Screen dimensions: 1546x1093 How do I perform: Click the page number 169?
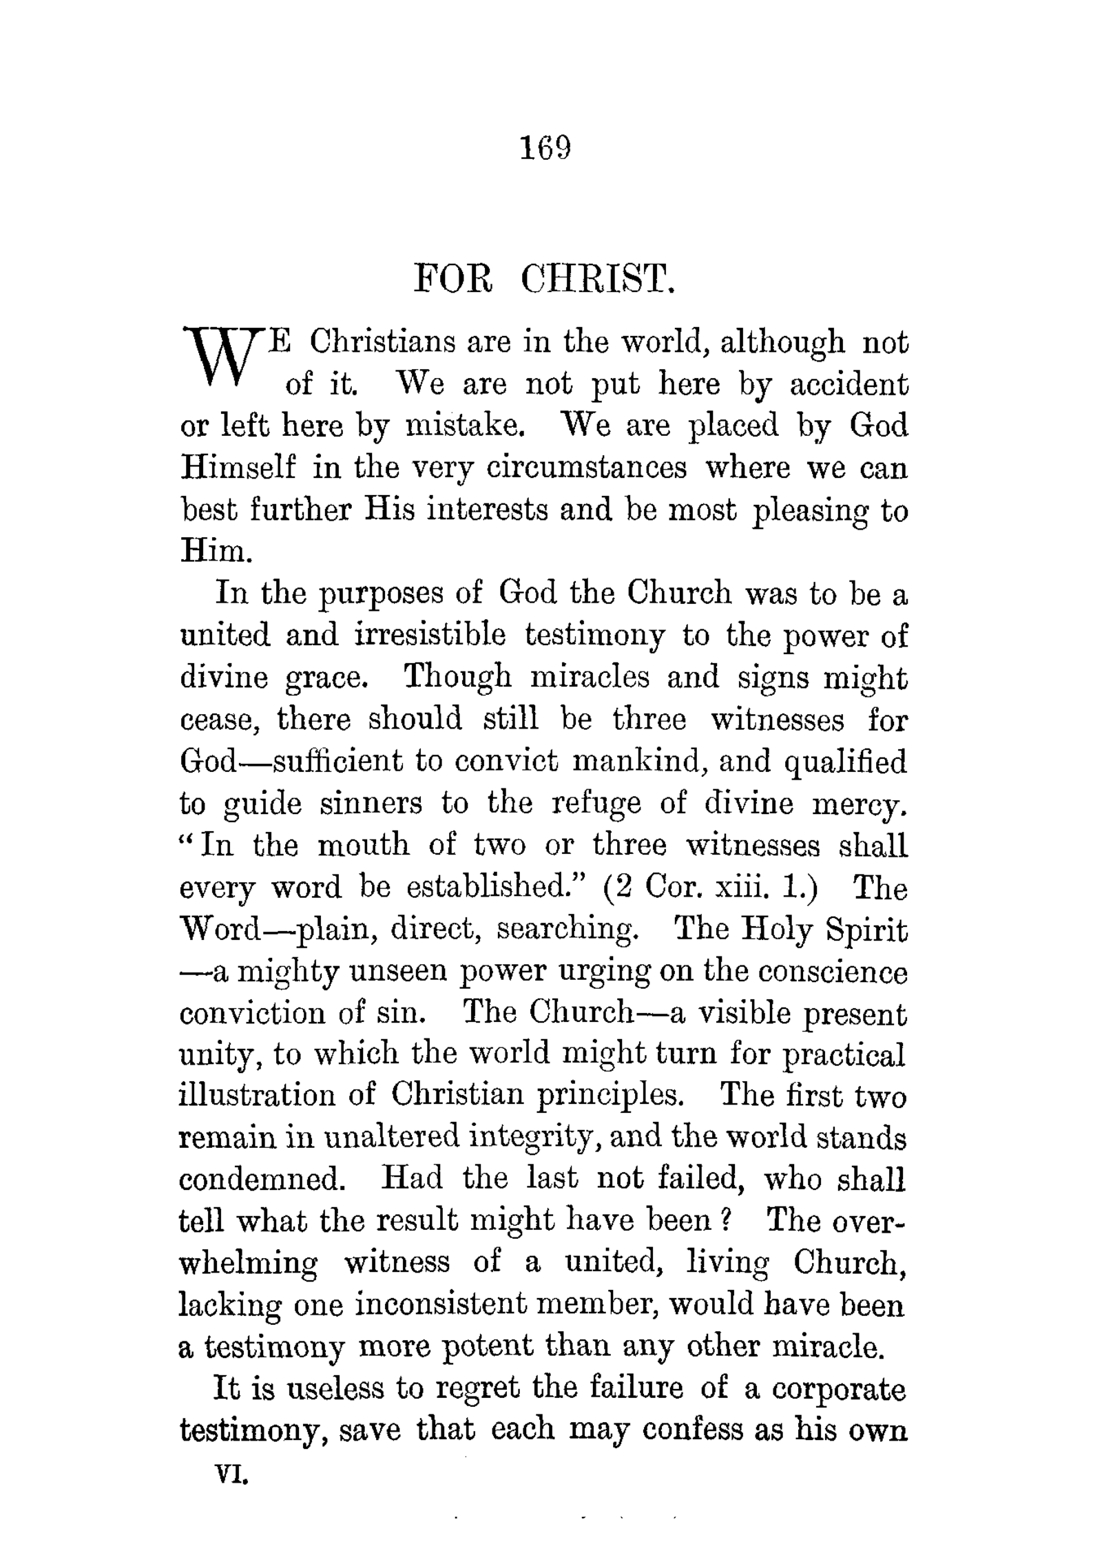(x=546, y=147)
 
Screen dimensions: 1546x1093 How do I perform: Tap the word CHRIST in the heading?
(x=597, y=278)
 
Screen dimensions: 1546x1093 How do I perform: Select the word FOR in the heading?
(x=452, y=278)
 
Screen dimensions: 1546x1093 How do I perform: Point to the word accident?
(x=849, y=384)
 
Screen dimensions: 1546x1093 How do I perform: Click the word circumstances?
(x=586, y=468)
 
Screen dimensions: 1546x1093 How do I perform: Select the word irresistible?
(x=430, y=635)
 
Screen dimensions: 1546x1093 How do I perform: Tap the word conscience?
(x=819, y=972)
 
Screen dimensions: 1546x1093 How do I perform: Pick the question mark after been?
(x=724, y=1221)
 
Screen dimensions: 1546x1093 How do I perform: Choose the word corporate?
(x=838, y=1389)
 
